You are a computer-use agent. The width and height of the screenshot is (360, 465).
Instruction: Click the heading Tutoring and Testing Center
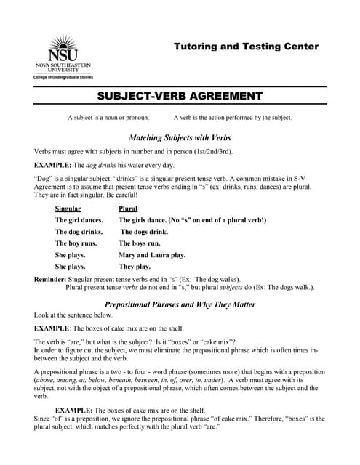pos(246,46)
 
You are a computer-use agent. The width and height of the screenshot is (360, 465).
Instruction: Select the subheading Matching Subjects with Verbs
pos(180,137)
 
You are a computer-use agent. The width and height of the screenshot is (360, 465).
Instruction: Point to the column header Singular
pos(68,209)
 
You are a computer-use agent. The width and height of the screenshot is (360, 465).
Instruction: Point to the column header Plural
pos(128,209)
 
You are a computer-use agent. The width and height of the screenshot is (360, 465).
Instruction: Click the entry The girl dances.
pos(79,220)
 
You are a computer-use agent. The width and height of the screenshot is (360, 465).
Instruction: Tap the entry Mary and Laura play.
pos(152,255)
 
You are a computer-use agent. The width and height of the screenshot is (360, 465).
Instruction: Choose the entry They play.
pos(135,267)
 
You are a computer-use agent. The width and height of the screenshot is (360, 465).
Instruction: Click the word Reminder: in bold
pos(50,280)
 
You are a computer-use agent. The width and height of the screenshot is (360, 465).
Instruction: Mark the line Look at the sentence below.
pos(73,316)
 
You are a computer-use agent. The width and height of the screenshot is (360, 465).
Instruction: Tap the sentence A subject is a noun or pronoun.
pos(108,118)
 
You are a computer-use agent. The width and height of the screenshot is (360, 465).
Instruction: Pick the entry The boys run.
pos(139,243)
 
